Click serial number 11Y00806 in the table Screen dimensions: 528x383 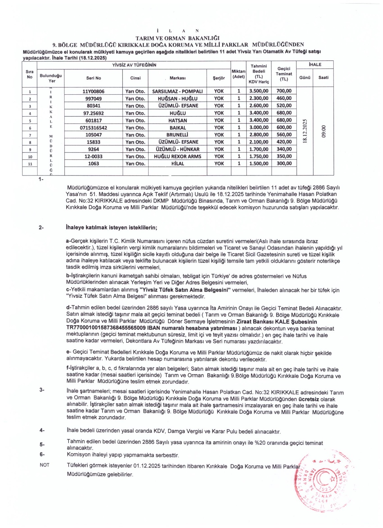(x=93, y=91)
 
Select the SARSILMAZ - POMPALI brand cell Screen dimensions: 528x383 (x=177, y=91)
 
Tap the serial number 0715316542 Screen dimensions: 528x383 (x=93, y=128)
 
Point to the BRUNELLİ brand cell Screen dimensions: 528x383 (x=177, y=135)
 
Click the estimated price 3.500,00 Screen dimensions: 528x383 (x=259, y=91)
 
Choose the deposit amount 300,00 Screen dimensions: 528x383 (x=284, y=163)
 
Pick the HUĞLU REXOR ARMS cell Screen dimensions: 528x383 (x=177, y=156)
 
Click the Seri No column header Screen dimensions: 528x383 (x=94, y=78)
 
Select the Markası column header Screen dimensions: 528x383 (x=177, y=78)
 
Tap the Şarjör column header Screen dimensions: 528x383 (x=219, y=78)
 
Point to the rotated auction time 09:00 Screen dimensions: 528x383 (x=323, y=131)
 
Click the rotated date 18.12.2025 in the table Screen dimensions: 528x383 (x=305, y=131)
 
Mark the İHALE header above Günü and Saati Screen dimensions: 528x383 (x=315, y=65)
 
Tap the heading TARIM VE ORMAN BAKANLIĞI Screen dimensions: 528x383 (x=177, y=38)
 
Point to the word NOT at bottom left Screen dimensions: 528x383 (x=44, y=465)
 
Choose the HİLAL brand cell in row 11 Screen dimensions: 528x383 (x=177, y=164)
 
